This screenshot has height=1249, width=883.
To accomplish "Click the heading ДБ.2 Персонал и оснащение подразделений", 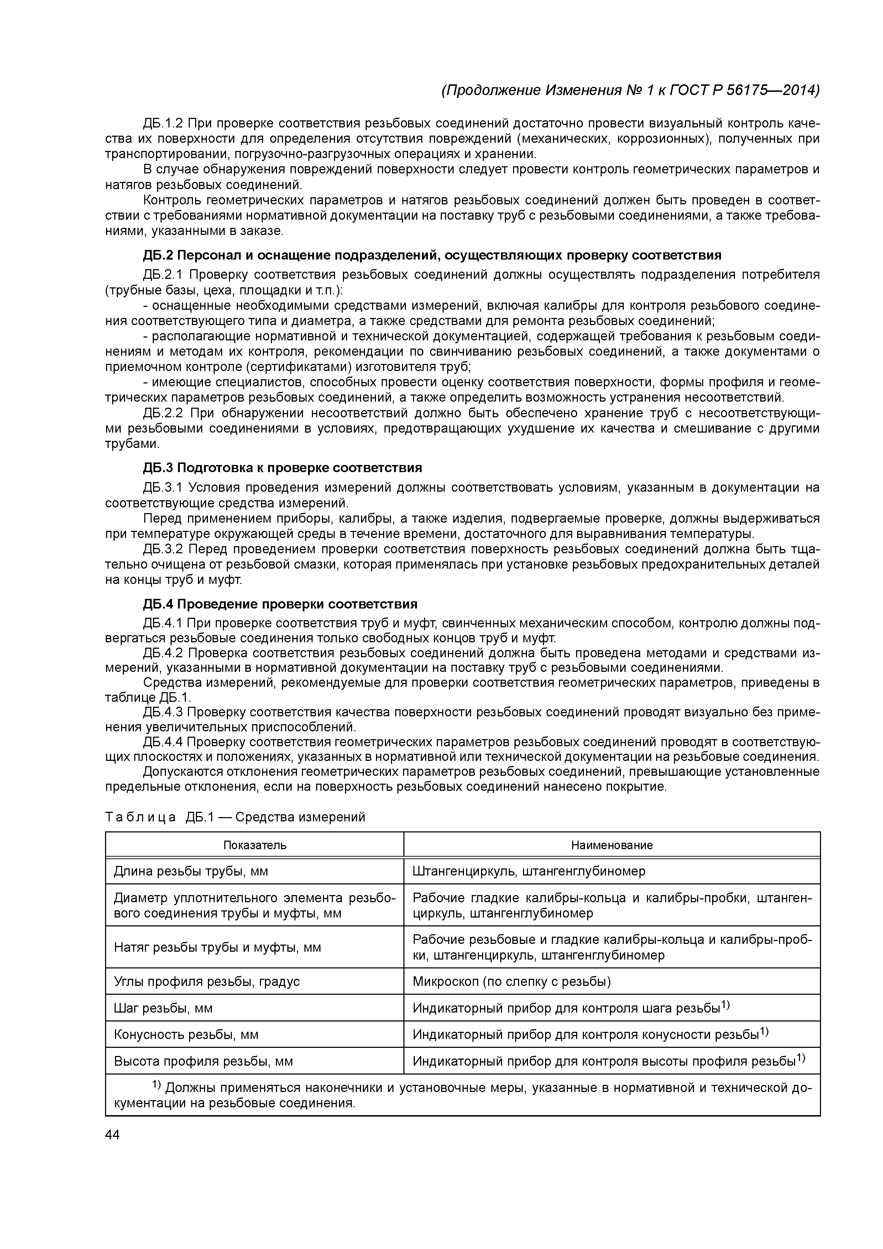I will click(x=432, y=255).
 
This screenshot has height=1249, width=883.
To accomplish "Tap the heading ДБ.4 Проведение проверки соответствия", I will click(x=280, y=604).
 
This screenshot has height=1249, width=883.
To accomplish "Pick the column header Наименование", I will click(x=612, y=845).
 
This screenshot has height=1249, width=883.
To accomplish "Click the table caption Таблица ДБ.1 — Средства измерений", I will click(x=235, y=817).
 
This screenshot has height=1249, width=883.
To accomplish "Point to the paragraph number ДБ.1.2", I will click(x=163, y=124).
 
